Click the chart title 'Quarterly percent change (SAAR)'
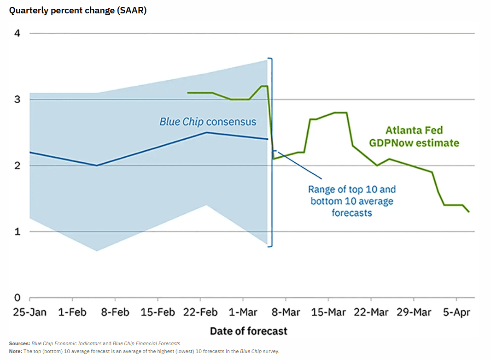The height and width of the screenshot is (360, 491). click(78, 10)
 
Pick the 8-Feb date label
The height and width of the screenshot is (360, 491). click(115, 312)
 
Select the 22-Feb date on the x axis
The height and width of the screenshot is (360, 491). click(200, 312)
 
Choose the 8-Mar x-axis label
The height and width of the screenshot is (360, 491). click(286, 312)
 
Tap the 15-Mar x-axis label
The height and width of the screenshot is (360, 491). click(328, 312)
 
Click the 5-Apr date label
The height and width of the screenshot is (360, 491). click(456, 312)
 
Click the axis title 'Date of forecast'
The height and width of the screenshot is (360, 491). click(248, 331)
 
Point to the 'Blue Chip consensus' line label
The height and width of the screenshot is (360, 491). click(208, 122)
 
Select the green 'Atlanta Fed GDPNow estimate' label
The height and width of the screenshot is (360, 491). click(414, 136)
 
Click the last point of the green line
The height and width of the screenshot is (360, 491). click(469, 212)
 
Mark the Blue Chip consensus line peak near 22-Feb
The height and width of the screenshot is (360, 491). click(206, 132)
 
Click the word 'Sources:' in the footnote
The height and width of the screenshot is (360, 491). click(19, 343)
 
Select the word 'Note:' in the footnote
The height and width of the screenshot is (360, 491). click(15, 351)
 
